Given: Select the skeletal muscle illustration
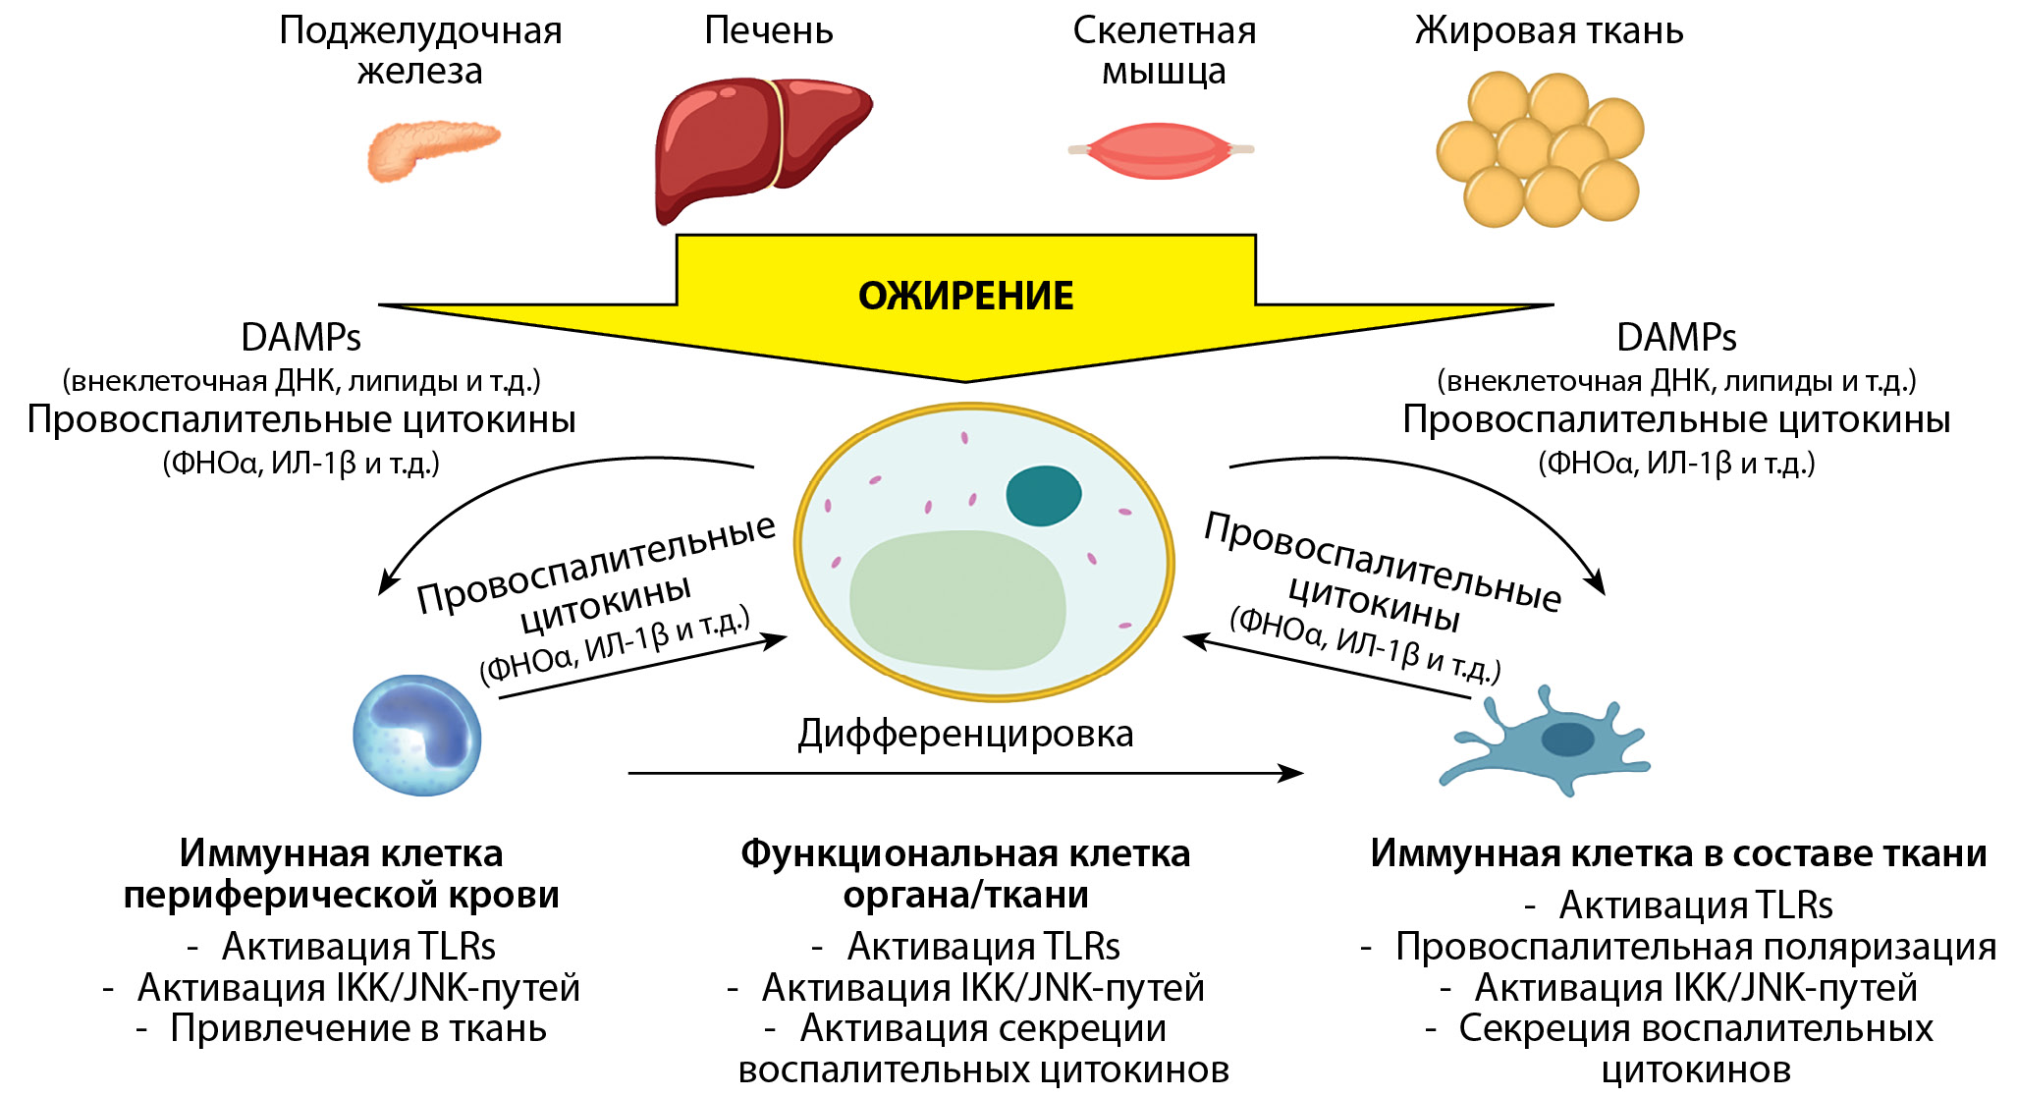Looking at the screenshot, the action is coord(1161,150).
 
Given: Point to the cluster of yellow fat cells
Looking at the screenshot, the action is coord(1539,148).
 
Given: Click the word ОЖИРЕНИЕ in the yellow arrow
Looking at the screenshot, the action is coord(966,296).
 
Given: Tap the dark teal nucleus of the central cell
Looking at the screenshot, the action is coord(1043,496).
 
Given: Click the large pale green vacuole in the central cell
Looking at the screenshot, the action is coord(957,600).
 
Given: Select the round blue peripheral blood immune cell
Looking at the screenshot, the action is coord(417,736).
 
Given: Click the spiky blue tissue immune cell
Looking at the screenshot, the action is coord(1544,741).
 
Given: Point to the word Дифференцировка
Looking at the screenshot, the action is coord(965,734).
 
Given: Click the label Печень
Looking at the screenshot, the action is coord(769,30).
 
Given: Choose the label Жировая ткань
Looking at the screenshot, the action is coord(1549,30).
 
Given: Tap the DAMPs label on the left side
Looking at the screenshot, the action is coord(300,337).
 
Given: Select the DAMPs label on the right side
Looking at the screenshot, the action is coord(1676,337).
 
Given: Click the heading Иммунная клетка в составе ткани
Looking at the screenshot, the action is coord(1678,853).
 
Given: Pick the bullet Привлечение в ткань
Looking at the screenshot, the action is coord(358,1028).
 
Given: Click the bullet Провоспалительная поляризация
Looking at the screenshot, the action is coord(1696,947).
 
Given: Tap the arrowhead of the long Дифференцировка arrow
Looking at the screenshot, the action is coord(1292,773).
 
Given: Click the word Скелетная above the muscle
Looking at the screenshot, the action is coord(1165,30).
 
